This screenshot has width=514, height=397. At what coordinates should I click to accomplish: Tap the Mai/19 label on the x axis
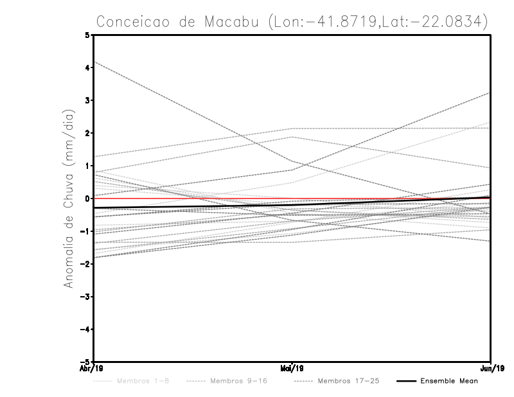tap(292, 368)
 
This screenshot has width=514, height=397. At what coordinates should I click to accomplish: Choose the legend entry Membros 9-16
tap(238, 381)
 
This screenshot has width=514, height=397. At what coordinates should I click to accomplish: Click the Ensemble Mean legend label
tap(448, 381)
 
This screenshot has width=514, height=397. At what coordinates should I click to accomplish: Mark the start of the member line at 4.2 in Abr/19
tap(94, 62)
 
